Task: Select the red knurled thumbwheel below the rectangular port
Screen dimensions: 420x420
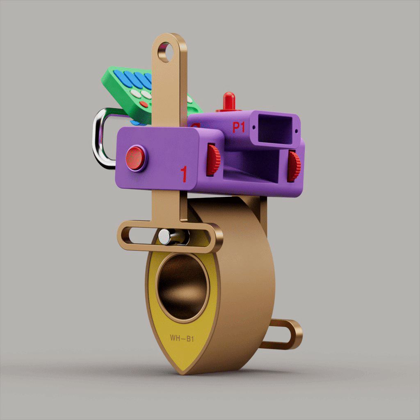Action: pyautogui.click(x=294, y=166)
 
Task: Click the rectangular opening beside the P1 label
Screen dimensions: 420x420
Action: pyautogui.click(x=276, y=130)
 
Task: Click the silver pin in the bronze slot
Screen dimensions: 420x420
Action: pyautogui.click(x=165, y=235)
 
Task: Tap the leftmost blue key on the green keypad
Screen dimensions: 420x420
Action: pyautogui.click(x=120, y=76)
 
